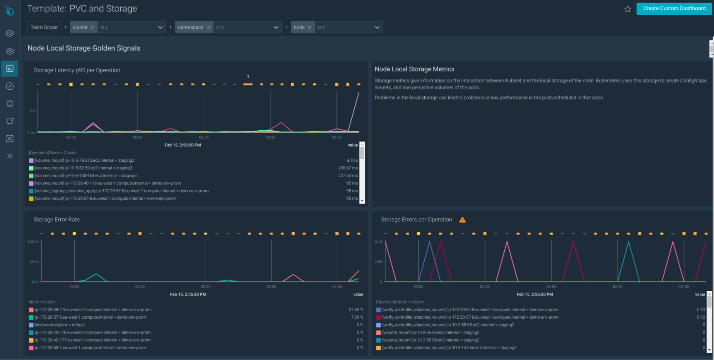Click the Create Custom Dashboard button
click(674, 9)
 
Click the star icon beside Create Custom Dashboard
click(628, 9)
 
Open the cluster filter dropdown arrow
click(160, 27)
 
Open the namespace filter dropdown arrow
click(276, 27)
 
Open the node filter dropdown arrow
click(377, 27)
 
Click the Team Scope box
click(44, 27)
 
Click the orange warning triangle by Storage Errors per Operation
click(462, 220)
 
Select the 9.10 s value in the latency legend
click(352, 160)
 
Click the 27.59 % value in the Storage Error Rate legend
click(356, 310)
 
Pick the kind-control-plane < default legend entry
click(60, 325)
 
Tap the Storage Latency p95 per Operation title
click(77, 70)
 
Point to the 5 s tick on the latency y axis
click(32, 111)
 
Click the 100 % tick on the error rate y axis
click(33, 242)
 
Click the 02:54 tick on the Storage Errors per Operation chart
click(551, 286)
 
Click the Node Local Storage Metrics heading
click(414, 69)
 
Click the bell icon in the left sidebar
click(10, 104)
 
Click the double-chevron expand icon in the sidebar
click(10, 156)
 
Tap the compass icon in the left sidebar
click(10, 86)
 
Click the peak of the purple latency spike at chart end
click(358, 93)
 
